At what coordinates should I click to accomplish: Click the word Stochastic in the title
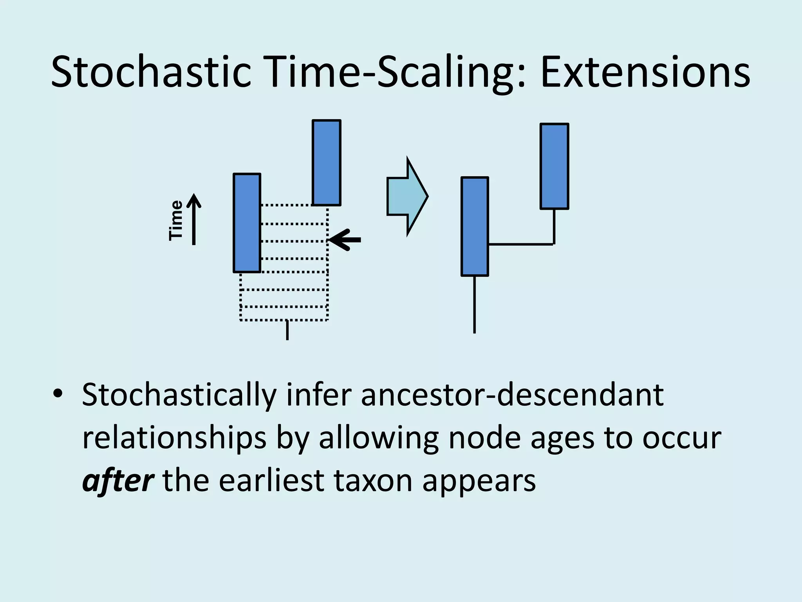(x=151, y=73)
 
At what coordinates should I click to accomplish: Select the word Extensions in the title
(x=645, y=73)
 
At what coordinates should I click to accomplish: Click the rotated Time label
(x=176, y=220)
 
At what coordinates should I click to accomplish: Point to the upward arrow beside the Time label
(x=194, y=219)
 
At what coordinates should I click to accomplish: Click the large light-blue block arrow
(x=407, y=196)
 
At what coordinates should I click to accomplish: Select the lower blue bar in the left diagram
(x=247, y=223)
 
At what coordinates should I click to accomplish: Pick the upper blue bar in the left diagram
(x=326, y=162)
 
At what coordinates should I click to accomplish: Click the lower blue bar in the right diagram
(x=475, y=227)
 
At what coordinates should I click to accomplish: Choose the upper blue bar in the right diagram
(x=554, y=166)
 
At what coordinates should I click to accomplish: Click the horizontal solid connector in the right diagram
(x=521, y=245)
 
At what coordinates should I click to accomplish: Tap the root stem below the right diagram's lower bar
(x=475, y=305)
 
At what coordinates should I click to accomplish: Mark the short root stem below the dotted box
(x=287, y=330)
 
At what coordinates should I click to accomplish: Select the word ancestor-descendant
(x=512, y=395)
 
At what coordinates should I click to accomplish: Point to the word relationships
(x=174, y=438)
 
